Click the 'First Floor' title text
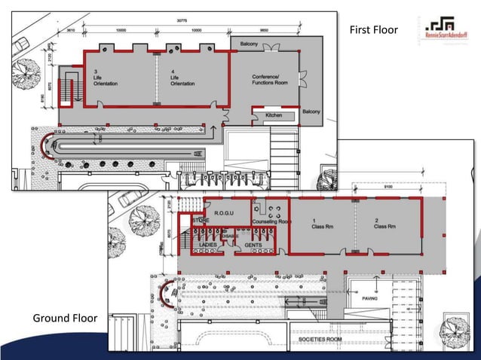[373, 30]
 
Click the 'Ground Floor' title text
[65, 318]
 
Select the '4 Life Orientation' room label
[182, 78]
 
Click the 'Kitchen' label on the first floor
[274, 115]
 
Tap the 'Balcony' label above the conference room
[249, 44]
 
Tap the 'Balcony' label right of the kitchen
[311, 111]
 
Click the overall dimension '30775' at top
[182, 20]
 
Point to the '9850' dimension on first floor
[265, 31]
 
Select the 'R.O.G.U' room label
[225, 213]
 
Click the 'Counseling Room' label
[273, 221]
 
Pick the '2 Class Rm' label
[385, 224]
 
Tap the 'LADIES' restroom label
[207, 245]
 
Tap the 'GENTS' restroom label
[253, 245]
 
